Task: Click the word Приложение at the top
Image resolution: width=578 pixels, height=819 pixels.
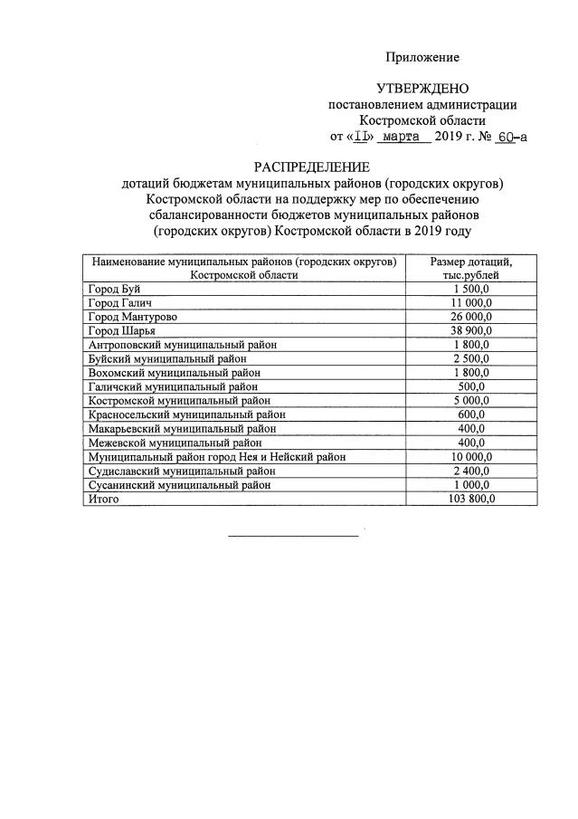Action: coord(422,57)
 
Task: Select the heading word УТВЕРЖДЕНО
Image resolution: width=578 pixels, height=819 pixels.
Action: coord(422,89)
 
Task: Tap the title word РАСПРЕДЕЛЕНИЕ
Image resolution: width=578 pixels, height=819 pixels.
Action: coord(311,167)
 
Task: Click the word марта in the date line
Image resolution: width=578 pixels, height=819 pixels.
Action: coord(402,137)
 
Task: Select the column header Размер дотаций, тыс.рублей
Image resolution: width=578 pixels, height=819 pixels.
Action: coord(470,268)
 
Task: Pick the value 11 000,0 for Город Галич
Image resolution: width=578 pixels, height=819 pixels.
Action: coord(470,302)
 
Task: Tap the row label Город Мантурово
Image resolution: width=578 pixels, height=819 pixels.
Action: coord(132,316)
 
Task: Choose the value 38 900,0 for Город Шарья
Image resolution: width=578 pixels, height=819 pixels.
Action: coord(470,330)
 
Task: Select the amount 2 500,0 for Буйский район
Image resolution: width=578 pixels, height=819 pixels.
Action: coord(470,358)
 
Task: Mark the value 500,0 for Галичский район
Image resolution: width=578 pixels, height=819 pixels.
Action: coord(470,386)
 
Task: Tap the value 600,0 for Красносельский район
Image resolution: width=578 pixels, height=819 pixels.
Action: coord(470,414)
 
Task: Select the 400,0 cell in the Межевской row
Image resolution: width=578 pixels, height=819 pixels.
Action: coord(470,443)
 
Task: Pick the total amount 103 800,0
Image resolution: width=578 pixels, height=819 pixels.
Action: coord(470,499)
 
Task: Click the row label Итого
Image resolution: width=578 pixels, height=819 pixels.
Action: coord(103,499)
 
